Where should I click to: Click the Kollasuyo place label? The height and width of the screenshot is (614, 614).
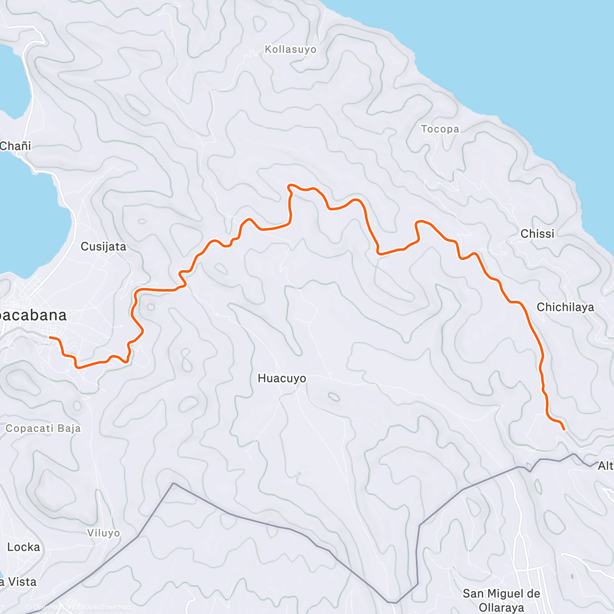coord(290,50)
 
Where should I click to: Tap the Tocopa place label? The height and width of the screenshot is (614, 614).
coord(440,129)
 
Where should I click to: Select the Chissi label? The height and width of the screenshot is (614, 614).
coord(537,234)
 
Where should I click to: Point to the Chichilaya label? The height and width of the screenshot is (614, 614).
coord(565,307)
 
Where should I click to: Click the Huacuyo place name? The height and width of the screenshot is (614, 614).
coord(281,379)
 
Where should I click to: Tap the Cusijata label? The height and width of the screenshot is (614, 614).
coord(103,247)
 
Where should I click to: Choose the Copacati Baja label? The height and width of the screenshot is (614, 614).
coord(43,428)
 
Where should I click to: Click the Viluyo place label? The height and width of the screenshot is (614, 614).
coord(103,533)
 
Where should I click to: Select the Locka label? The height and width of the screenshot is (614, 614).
coord(24,547)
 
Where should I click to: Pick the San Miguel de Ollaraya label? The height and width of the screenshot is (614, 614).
coord(501,600)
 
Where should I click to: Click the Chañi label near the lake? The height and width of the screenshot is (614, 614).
coord(15,146)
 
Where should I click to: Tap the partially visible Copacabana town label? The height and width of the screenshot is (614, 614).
coord(33,315)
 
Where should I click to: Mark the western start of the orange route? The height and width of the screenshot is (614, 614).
coord(50,337)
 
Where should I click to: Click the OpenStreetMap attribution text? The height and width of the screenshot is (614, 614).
coord(105,607)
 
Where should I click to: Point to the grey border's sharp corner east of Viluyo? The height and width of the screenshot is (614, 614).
coord(173,483)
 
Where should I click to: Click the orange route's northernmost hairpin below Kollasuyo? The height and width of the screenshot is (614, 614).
coord(290,185)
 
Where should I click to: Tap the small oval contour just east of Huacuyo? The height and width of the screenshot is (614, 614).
coord(333,397)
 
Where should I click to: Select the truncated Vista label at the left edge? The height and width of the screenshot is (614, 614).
coord(18,582)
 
